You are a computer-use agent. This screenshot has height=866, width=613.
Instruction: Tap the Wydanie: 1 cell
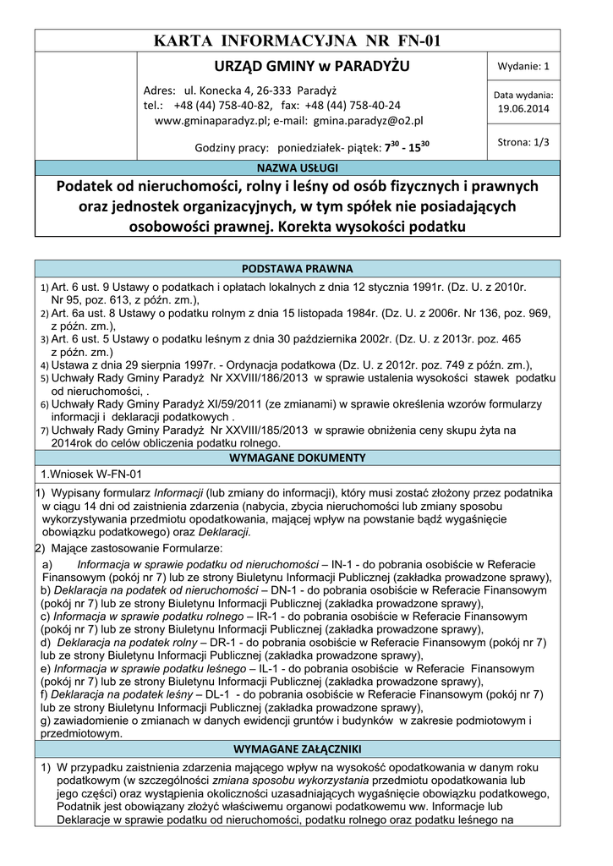[x=523, y=66]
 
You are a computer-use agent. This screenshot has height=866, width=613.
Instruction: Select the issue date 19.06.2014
[x=523, y=108]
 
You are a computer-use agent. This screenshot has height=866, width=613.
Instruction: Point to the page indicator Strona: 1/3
[x=523, y=142]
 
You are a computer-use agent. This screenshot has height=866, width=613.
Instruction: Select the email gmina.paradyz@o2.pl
[x=373, y=121]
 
